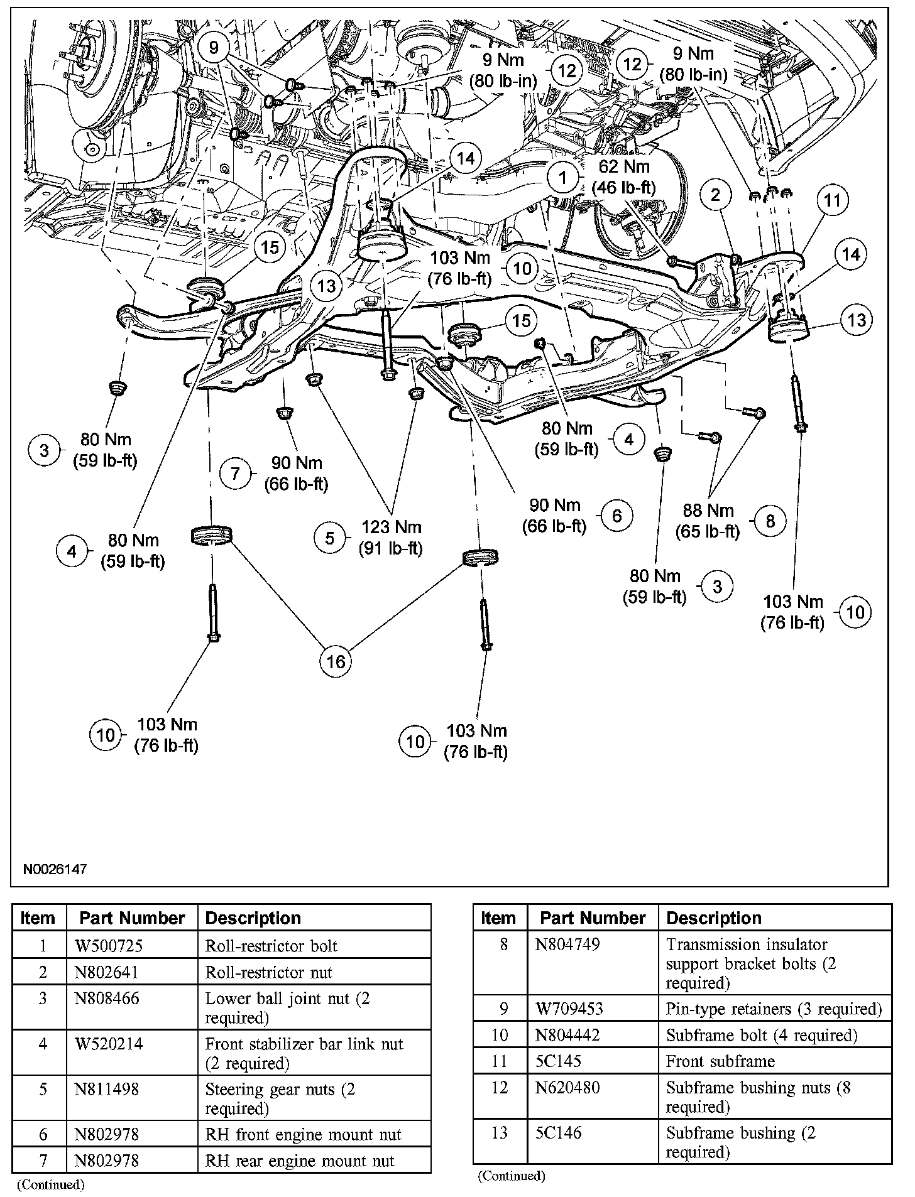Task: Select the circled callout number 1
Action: point(563,178)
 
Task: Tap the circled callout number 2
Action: point(715,195)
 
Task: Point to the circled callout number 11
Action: point(833,200)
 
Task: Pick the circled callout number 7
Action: point(235,473)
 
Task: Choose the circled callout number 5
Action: point(331,538)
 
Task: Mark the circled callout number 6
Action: point(616,516)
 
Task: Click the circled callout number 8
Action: point(770,521)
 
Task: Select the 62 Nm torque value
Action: point(624,167)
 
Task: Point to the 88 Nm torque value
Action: point(708,510)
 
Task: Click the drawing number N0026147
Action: point(55,870)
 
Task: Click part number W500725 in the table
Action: point(104,946)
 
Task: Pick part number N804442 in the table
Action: point(567,1035)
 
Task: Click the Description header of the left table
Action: point(253,918)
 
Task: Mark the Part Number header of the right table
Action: point(593,918)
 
